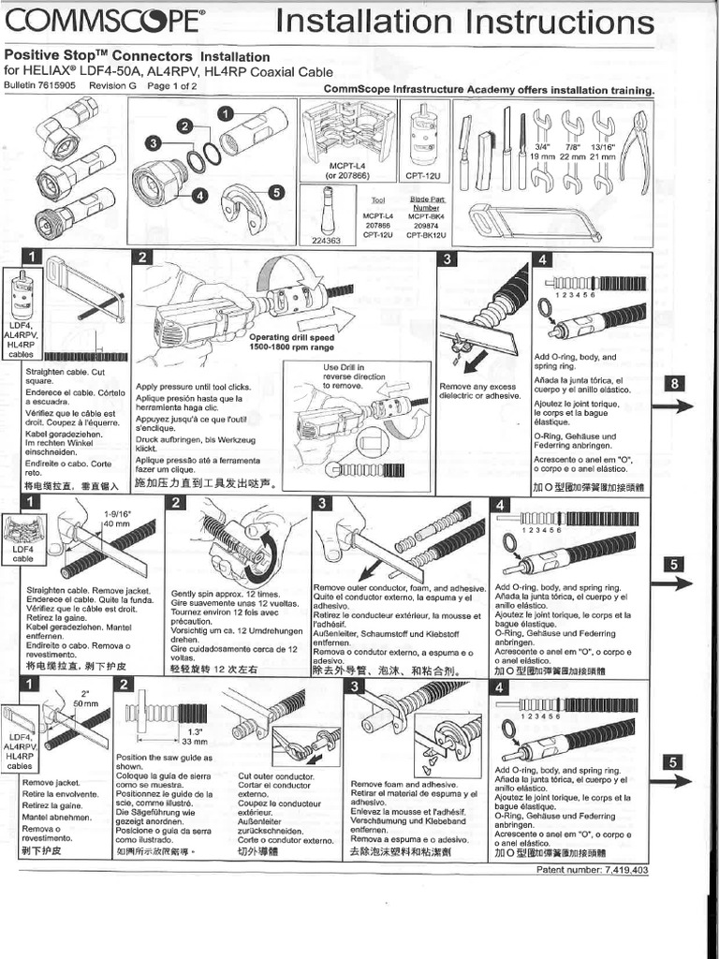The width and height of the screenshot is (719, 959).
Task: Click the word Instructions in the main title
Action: pyautogui.click(x=552, y=22)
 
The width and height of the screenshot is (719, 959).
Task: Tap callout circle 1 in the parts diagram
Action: pyautogui.click(x=225, y=113)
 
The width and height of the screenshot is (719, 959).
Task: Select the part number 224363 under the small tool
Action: pyautogui.click(x=326, y=240)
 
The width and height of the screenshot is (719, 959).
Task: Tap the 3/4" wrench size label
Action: pyautogui.click(x=541, y=146)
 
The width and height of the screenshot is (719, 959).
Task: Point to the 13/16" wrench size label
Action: pyautogui.click(x=603, y=146)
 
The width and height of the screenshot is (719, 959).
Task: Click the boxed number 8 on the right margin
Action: pyautogui.click(x=678, y=384)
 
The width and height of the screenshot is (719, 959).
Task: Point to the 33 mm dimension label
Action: pyautogui.click(x=194, y=742)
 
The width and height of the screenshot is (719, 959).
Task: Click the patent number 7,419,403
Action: pyautogui.click(x=593, y=870)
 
